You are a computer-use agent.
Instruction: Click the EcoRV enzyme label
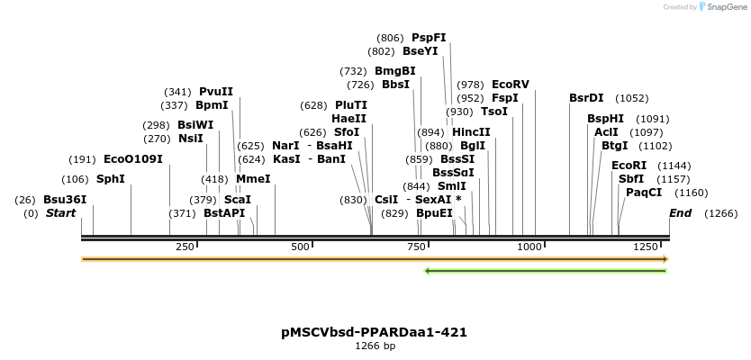coord(511,85)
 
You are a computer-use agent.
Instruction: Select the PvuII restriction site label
coord(216,92)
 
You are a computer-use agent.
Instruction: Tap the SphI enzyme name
coord(111,179)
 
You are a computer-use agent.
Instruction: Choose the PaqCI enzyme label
coord(644,193)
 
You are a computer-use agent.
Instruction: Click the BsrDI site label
coord(586,98)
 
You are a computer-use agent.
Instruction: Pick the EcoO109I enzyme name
coord(133,159)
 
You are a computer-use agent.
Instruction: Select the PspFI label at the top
coord(429,38)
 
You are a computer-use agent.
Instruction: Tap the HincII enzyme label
coord(471,132)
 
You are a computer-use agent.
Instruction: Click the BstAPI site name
coord(224,213)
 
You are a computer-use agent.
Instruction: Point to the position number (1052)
coord(631,98)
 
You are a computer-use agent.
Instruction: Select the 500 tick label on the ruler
coord(300,247)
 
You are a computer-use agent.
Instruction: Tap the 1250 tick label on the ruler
coord(647,247)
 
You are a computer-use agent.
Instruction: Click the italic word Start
coord(61,213)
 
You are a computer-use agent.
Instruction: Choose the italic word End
coord(681,213)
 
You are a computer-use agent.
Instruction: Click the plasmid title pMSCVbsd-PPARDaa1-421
coord(375,332)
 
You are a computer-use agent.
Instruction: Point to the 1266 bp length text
coord(375,346)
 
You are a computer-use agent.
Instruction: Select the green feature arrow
coord(545,270)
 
